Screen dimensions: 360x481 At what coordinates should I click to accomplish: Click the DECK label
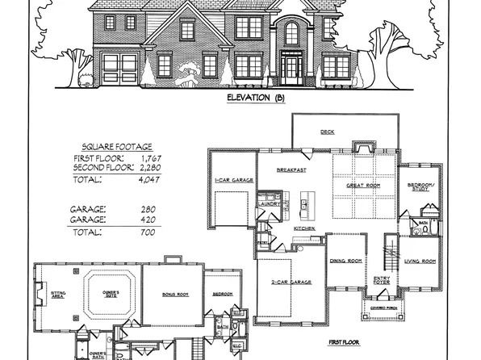(327, 132)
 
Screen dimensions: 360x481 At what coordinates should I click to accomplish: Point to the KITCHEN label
(303, 229)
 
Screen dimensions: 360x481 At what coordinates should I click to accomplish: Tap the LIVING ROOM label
(420, 261)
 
